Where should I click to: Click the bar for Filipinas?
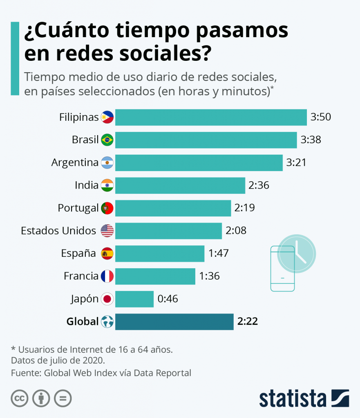tap(211, 118)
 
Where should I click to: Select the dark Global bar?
tap(174, 322)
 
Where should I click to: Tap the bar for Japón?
tap(134, 299)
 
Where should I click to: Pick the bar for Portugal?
tap(173, 208)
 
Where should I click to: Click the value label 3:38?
tap(311, 140)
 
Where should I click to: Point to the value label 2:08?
tap(236, 231)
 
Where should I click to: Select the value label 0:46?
tap(168, 299)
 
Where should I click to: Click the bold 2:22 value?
tap(248, 322)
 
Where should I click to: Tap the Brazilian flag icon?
tap(107, 140)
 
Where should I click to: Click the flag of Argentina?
tap(107, 163)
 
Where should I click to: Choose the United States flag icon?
tap(107, 231)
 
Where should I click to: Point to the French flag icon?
tap(107, 276)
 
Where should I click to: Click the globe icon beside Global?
tap(107, 322)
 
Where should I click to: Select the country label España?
tap(78, 253)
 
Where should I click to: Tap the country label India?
tap(86, 185)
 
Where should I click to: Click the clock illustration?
tap(296, 253)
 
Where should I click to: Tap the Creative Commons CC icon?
tap(20, 398)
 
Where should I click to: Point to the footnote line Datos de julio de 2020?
tap(58, 360)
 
